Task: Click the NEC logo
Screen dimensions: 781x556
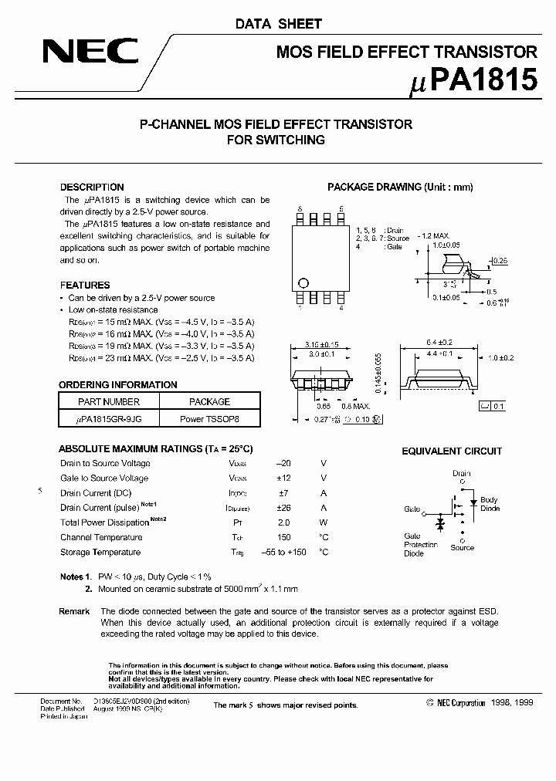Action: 90,52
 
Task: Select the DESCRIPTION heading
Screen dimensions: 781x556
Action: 92,187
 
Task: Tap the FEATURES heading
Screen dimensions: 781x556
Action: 85,285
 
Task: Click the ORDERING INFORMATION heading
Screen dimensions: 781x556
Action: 118,384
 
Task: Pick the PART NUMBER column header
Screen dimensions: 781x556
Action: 109,401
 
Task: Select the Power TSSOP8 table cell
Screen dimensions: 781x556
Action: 209,417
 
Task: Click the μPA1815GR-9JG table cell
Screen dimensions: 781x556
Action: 109,417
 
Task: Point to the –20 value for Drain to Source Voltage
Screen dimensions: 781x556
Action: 283,463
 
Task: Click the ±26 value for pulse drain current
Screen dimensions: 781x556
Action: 283,508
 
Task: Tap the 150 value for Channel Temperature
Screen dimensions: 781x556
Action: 284,537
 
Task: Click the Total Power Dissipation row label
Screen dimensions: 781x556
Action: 101,522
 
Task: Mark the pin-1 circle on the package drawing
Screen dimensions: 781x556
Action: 303,282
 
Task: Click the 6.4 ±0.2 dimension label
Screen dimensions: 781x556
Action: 438,343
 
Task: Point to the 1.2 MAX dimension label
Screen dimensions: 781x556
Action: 435,234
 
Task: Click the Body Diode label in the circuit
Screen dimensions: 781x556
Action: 490,504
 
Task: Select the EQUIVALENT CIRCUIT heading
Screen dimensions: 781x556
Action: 452,451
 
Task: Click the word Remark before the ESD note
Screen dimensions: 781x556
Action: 74,611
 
